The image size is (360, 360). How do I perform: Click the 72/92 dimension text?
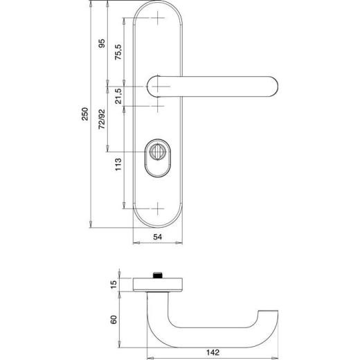click(x=102, y=118)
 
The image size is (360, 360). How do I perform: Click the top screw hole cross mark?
click(x=159, y=17)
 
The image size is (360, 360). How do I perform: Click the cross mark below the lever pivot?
click(x=159, y=107)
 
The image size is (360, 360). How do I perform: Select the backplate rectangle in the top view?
click(x=159, y=284)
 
